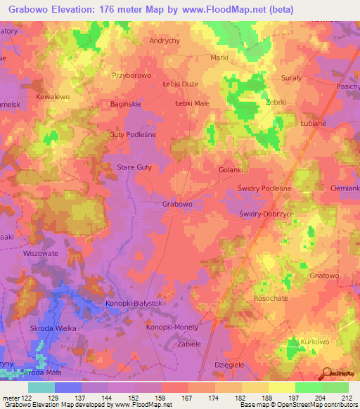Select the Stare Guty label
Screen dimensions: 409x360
tap(134, 167)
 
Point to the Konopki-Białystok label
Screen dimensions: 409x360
tap(114, 301)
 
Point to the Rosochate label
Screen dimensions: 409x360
tap(271, 298)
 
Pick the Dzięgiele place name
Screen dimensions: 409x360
tap(229, 365)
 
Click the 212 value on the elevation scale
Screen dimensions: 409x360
tap(347, 398)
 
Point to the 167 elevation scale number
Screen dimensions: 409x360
tap(186, 398)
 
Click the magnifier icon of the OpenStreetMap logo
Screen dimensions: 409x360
tap(326, 372)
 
